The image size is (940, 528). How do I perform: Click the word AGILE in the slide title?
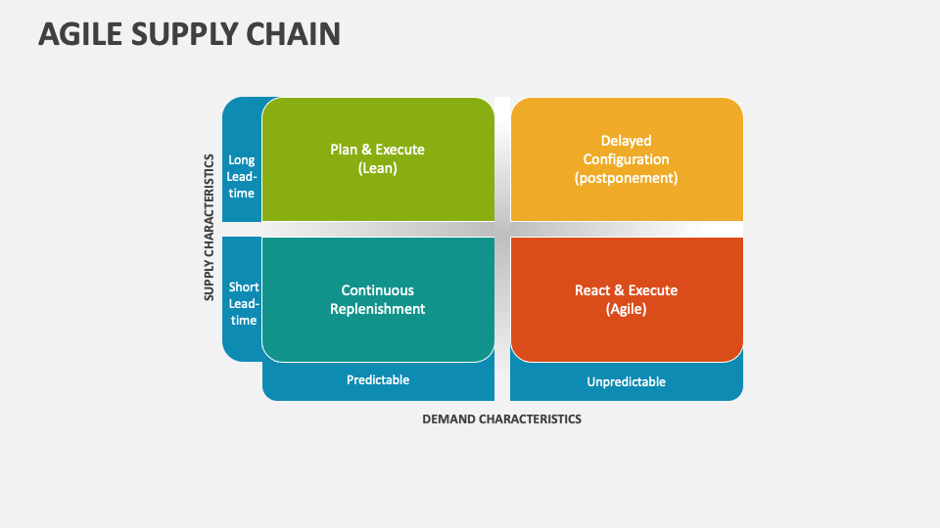pyautogui.click(x=80, y=34)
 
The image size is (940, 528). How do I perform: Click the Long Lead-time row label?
pyautogui.click(x=242, y=176)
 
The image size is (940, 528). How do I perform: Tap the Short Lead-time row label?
pyautogui.click(x=243, y=303)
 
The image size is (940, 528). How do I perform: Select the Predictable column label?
pyautogui.click(x=378, y=380)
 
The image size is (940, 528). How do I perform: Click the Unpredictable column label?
pyautogui.click(x=626, y=381)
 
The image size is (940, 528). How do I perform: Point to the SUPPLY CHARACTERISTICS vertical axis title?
pyautogui.click(x=210, y=226)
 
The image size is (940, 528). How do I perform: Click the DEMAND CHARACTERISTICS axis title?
pyautogui.click(x=501, y=418)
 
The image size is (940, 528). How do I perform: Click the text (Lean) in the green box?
pyautogui.click(x=377, y=168)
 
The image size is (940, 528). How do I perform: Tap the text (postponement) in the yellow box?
pyautogui.click(x=626, y=178)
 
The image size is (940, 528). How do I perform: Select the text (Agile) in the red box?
pyautogui.click(x=626, y=309)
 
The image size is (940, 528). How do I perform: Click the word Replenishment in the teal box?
pyautogui.click(x=377, y=309)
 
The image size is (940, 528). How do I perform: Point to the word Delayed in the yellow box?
pyautogui.click(x=626, y=141)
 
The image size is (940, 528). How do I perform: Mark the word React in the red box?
pyautogui.click(x=592, y=290)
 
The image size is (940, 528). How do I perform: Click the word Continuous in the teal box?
pyautogui.click(x=377, y=290)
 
